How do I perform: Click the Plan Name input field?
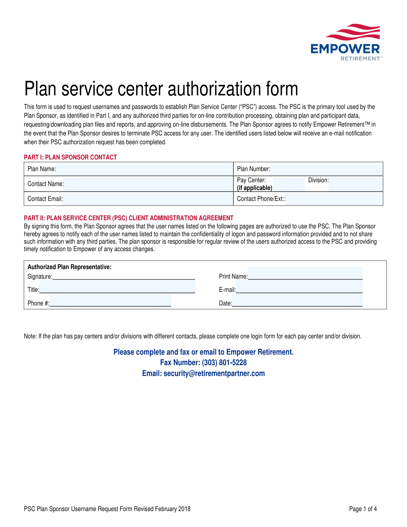144,169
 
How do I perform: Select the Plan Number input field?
326,169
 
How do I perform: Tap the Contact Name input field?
148,184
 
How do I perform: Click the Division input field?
355,184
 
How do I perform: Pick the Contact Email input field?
148,199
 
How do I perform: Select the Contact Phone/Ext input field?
334,199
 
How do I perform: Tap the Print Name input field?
305,274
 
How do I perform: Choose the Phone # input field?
110,301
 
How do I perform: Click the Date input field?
297,301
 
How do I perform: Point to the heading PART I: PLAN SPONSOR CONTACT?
70,157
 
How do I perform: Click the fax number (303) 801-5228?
224,363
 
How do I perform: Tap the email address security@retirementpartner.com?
214,374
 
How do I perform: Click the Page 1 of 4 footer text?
363,509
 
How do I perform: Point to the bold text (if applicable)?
254,188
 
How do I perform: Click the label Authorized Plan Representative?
70,267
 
